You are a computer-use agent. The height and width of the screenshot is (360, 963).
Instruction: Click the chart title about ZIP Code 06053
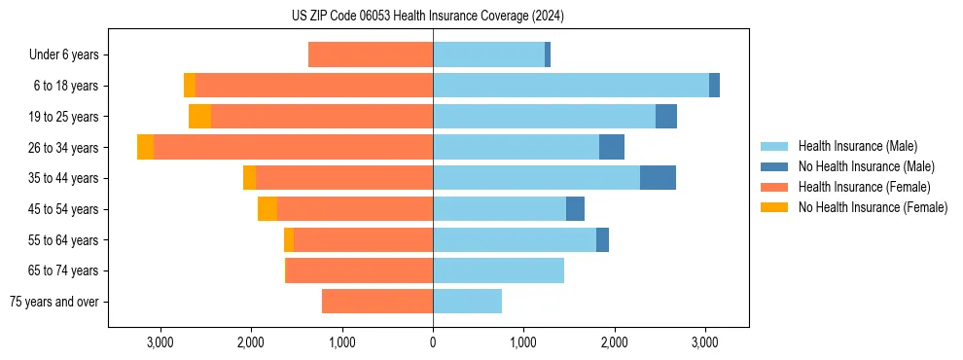427,16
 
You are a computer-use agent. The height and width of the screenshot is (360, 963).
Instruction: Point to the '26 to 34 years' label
63,148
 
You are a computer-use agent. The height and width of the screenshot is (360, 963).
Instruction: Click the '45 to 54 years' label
63,209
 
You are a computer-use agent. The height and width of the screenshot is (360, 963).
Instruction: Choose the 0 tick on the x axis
433,342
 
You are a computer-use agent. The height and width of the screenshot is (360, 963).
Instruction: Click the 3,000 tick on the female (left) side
160,342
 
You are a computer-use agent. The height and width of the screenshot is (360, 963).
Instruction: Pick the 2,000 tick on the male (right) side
615,342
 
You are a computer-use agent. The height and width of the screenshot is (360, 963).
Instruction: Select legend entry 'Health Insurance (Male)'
857,146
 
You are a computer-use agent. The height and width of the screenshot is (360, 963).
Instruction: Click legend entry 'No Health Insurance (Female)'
873,207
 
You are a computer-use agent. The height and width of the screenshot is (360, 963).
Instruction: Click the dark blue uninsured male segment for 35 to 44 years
658,178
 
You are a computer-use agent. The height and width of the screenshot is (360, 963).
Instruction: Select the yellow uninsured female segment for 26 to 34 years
145,147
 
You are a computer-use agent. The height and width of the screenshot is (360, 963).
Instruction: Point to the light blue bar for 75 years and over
467,302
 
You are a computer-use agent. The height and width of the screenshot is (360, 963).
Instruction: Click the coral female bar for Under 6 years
371,54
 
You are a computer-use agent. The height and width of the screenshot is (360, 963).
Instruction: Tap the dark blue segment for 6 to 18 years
714,86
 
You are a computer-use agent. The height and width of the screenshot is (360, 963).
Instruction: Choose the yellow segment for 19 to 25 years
199,117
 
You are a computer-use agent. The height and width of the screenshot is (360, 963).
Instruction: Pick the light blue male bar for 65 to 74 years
498,270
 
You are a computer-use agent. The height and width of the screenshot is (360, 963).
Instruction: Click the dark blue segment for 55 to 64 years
602,239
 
